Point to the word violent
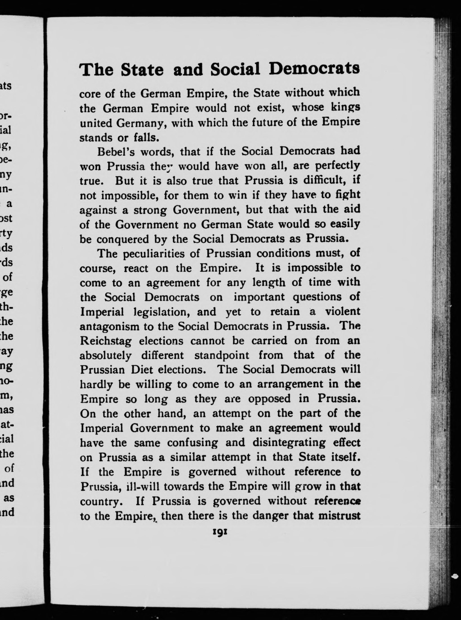click(x=343, y=311)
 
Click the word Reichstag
click(x=105, y=341)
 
